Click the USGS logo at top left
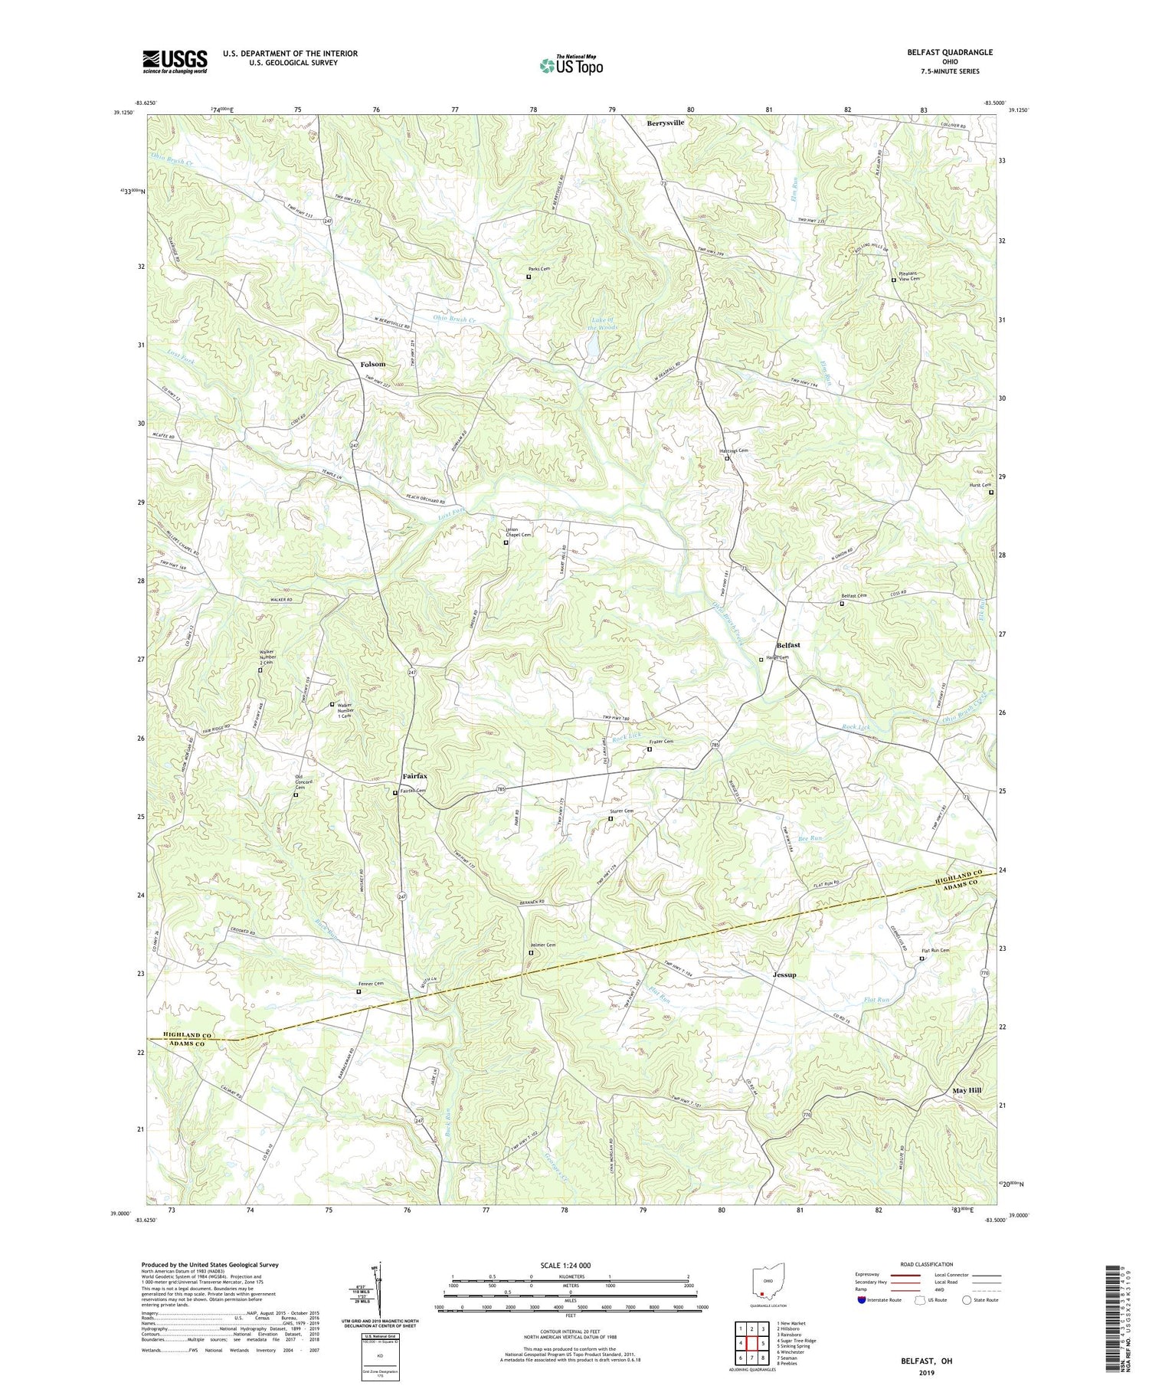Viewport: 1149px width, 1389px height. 175,61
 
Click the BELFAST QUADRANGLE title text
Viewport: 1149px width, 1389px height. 949,52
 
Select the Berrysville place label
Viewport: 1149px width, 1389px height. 665,123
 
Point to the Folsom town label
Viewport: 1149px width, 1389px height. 373,365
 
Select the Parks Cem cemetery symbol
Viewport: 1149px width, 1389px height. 529,277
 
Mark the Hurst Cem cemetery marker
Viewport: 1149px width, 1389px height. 990,493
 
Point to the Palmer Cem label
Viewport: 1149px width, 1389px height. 542,945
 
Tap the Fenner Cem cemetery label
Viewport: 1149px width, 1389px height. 371,984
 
